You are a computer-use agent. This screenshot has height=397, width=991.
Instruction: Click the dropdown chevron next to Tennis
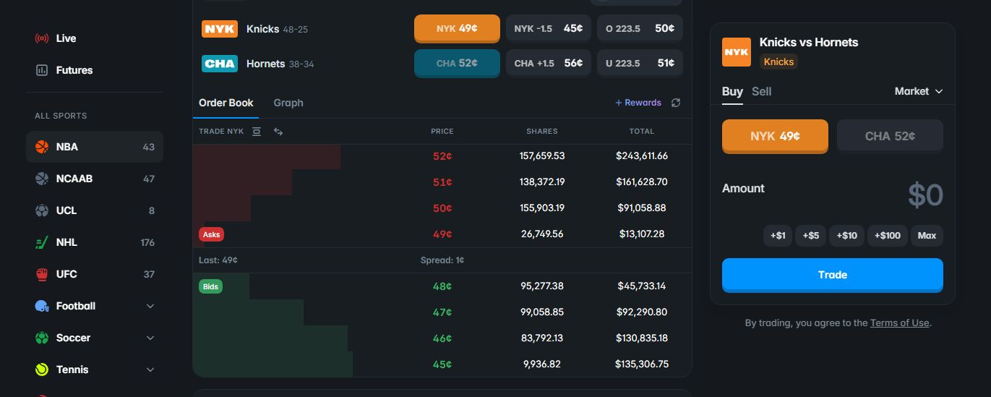click(150, 370)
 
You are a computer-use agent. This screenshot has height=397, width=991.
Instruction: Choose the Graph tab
click(288, 103)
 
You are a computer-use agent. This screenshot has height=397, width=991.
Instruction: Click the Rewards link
click(638, 103)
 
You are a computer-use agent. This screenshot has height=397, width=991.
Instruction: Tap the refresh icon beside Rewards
click(676, 103)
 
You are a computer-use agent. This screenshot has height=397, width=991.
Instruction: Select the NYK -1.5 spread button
click(549, 28)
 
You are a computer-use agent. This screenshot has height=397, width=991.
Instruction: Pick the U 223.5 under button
click(640, 63)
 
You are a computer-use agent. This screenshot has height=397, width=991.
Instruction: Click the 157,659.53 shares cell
click(542, 155)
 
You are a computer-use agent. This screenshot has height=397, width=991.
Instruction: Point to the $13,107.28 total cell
click(642, 234)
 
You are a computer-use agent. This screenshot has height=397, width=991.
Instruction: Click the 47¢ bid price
click(442, 312)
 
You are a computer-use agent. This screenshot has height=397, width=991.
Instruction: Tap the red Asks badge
click(212, 234)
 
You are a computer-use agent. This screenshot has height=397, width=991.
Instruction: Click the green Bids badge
click(210, 286)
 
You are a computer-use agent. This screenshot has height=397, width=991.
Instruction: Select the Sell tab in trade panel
click(761, 91)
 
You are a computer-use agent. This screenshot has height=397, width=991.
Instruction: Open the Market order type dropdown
click(919, 91)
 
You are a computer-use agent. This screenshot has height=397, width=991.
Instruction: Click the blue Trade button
click(832, 275)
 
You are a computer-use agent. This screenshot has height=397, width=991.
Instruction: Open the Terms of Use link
click(899, 323)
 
